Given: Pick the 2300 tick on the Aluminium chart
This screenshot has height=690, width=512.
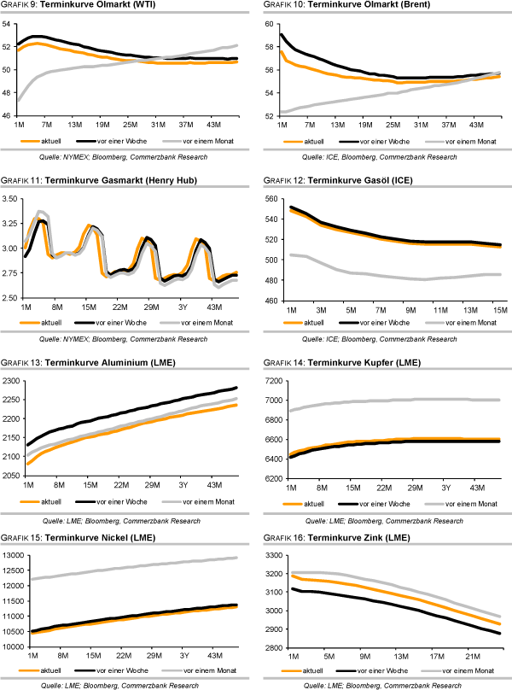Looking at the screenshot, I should [14, 380].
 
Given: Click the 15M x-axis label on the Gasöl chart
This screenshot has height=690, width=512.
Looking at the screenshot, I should [500, 307].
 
